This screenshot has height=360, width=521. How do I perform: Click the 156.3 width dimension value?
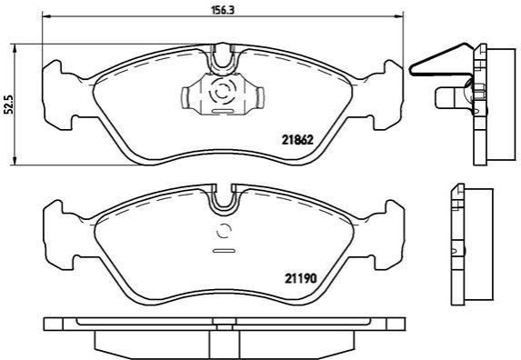pos(224,10)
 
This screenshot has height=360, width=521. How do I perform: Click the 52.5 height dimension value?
pos(9,105)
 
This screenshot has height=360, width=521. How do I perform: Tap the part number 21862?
pos(297,140)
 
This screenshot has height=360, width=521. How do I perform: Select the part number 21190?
pos(301,278)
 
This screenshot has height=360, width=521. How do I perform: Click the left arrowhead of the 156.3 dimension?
pos(47,16)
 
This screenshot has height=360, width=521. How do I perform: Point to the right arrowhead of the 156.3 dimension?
pos(398,16)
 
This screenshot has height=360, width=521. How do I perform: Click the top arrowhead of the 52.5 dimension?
pos(14,48)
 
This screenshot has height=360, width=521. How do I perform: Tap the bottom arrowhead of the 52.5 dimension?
pos(14,160)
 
